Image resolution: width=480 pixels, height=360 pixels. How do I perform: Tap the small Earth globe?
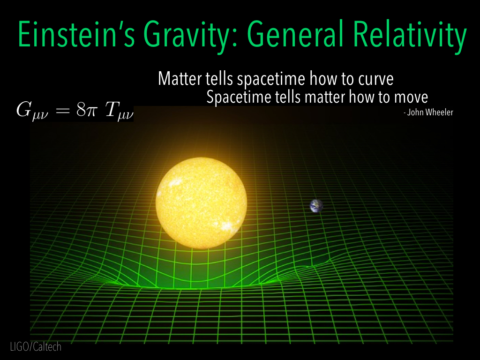click(316, 205)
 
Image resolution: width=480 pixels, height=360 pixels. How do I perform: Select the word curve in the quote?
click(375, 79)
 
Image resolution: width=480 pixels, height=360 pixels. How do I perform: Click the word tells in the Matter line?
click(220, 79)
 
